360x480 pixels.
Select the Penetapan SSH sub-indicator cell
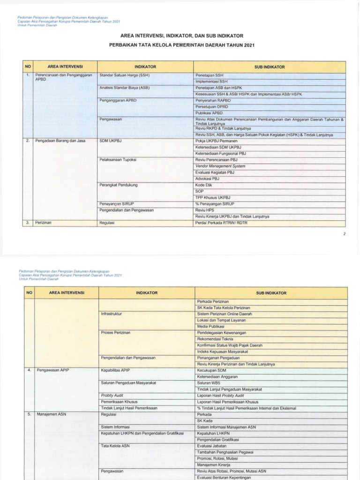point(207,75)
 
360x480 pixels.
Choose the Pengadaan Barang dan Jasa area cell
point(60,141)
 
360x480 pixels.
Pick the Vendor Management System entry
point(220,166)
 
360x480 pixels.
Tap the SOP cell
point(200,191)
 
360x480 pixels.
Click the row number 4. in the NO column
point(29,370)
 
